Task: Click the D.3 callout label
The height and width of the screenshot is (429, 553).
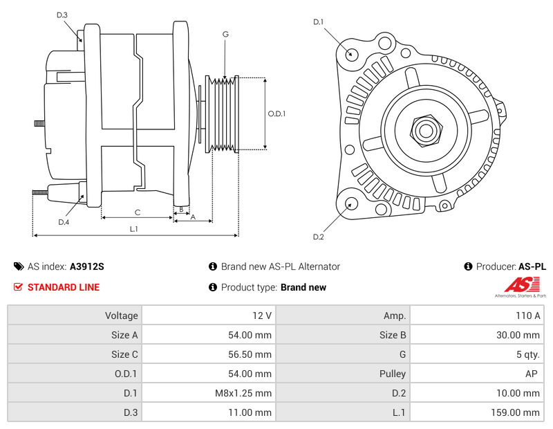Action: click(62, 15)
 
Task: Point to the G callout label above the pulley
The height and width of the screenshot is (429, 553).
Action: click(225, 34)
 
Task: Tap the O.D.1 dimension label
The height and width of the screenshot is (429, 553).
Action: click(276, 113)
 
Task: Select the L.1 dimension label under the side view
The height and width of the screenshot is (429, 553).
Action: click(133, 229)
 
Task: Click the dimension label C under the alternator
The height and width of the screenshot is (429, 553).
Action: click(138, 212)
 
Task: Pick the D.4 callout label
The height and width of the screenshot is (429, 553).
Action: click(64, 222)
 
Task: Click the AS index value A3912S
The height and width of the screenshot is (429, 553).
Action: click(87, 266)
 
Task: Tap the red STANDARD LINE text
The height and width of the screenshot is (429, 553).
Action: click(63, 287)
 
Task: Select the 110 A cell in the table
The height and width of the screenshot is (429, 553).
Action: click(527, 316)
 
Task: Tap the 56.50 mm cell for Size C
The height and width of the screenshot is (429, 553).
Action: click(250, 354)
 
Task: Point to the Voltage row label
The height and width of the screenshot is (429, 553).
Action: click(121, 316)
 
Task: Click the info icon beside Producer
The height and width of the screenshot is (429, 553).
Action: click(468, 266)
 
